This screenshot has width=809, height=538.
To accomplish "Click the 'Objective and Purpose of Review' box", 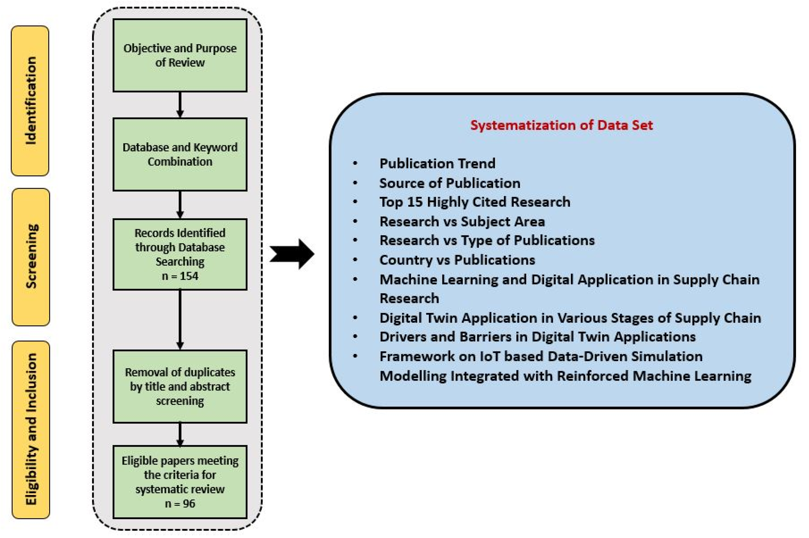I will pos(180,55).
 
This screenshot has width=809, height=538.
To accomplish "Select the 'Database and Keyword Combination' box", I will pos(180,154).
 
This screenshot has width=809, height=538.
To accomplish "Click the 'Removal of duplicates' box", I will pos(180,386).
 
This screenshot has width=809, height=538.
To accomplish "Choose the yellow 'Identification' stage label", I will pos(30,101).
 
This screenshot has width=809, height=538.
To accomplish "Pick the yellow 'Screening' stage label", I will pos(31,257).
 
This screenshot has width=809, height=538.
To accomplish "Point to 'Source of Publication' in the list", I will pos(450,183).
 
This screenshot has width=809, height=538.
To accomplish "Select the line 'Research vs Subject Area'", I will pos(462,221).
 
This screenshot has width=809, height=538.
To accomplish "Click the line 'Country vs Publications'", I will pos(457,260).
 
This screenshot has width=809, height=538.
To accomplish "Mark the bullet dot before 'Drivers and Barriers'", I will pos(355,337).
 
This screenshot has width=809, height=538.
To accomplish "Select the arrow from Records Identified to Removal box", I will pos(180,319).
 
